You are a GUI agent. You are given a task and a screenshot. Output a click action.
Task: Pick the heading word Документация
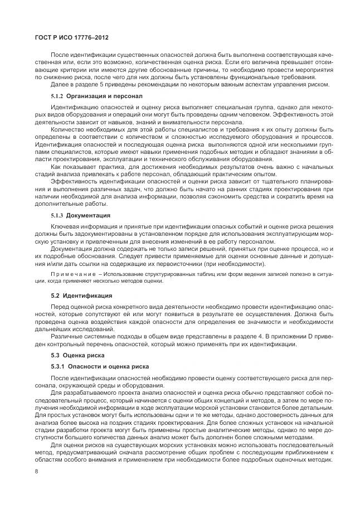coord(89,215)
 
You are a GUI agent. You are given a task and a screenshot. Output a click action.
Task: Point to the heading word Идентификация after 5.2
coord(87,294)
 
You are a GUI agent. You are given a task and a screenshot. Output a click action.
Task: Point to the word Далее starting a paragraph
coord(60,84)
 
